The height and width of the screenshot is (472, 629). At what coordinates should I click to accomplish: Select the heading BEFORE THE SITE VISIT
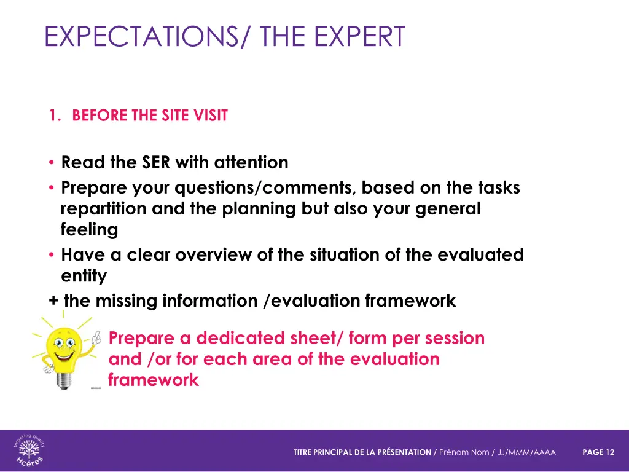coord(150,116)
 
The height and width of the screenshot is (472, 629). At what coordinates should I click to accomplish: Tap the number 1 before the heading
coord(53,116)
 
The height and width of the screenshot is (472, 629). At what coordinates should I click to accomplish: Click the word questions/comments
coord(267,187)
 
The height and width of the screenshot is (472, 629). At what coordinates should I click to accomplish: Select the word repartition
coord(104,209)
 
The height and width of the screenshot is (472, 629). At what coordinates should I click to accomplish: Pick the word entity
coord(84,277)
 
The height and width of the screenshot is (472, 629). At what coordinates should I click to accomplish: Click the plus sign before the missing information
coord(53,301)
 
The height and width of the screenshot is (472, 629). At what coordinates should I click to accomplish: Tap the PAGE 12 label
coord(598,452)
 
